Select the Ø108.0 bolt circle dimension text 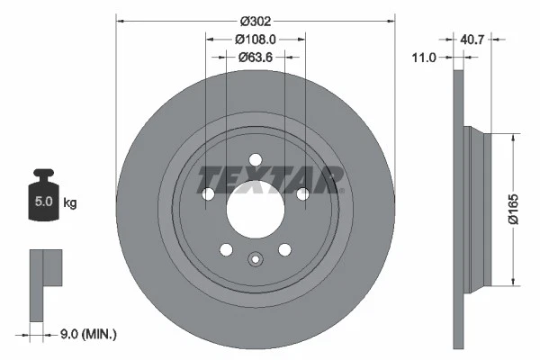255,39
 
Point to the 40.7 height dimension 473,39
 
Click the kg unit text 70,203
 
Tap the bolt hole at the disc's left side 208,194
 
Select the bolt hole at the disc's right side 302,193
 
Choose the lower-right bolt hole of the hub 284,250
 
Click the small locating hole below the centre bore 256,263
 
